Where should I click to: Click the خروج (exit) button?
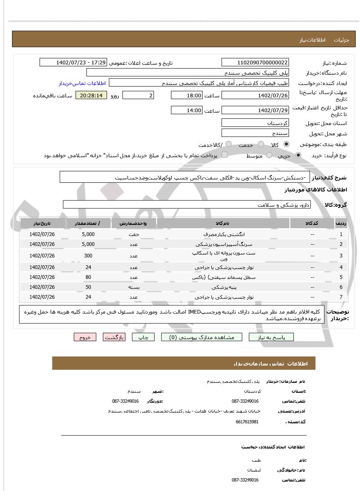(x=85, y=337)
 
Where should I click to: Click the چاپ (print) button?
(x=143, y=337)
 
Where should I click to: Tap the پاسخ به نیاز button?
(x=271, y=337)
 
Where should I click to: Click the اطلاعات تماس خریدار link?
(x=82, y=83)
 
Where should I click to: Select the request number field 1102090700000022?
(x=255, y=62)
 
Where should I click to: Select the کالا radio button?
(x=286, y=144)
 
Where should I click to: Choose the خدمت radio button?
(x=261, y=144)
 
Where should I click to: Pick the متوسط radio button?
(x=269, y=155)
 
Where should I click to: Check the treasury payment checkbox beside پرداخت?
(x=225, y=155)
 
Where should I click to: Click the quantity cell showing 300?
(x=88, y=256)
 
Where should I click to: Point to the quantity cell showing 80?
(x=88, y=277)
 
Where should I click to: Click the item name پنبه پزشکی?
(x=223, y=287)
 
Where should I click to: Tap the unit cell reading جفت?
(x=133, y=234)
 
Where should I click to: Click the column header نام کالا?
(x=223, y=223)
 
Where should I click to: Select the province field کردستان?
(x=255, y=123)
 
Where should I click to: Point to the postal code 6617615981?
(x=247, y=422)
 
